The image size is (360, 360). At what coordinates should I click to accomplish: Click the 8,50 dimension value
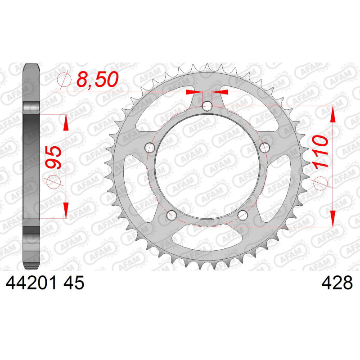click(97, 79)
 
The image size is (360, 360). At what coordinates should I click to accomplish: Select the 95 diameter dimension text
click(54, 157)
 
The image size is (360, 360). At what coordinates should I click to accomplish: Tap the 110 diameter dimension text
click(319, 152)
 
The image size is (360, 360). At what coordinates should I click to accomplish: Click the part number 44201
click(31, 283)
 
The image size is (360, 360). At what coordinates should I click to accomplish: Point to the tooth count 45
click(74, 283)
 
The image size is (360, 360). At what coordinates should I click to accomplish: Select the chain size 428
click(337, 283)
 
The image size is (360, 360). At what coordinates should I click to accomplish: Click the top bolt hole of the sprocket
click(207, 106)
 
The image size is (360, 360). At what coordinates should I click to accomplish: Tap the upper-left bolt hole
click(150, 148)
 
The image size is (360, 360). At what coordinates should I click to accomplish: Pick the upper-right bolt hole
click(264, 148)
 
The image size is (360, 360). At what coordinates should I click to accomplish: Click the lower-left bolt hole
click(172, 215)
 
